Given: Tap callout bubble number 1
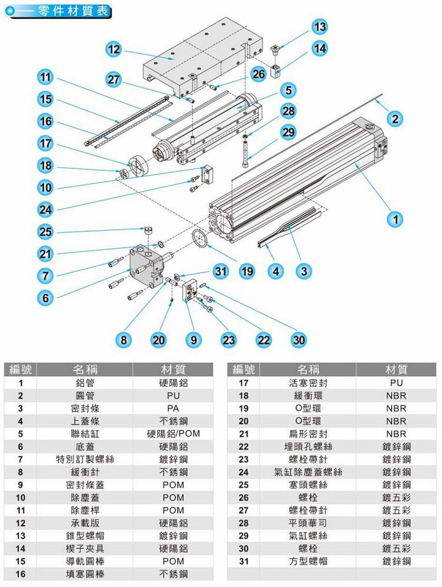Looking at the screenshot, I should tap(395, 220).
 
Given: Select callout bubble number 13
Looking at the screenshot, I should tap(320, 27).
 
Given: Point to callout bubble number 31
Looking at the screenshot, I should tap(219, 271).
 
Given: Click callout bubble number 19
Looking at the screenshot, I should tap(247, 271).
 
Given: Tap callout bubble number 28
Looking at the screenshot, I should tap(288, 111).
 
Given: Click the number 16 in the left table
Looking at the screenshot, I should tap(20, 574).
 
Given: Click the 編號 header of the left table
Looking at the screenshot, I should tap(20, 369).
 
